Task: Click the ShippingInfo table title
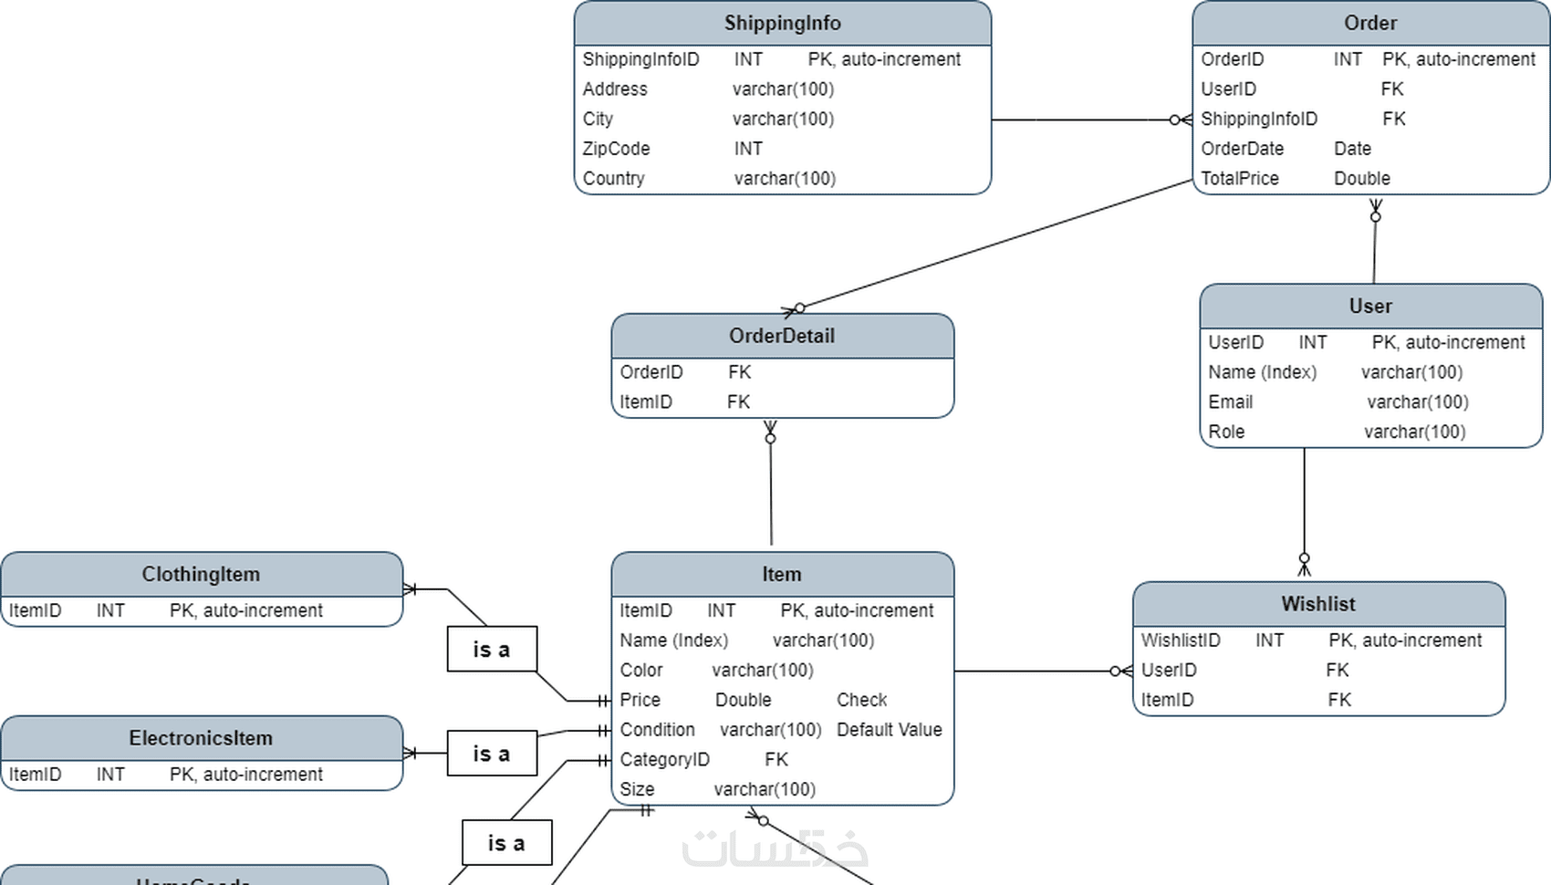pyautogui.click(x=782, y=23)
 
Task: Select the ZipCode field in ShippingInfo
pyautogui.click(x=616, y=149)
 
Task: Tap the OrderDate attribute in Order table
pyautogui.click(x=1242, y=149)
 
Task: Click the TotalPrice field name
pyautogui.click(x=1239, y=179)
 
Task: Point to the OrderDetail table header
pyautogui.click(x=782, y=336)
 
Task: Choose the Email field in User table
pyautogui.click(x=1230, y=402)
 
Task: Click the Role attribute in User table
pyautogui.click(x=1226, y=432)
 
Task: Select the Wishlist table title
pyautogui.click(x=1317, y=604)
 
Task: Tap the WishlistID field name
pyautogui.click(x=1180, y=640)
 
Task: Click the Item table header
pyautogui.click(x=782, y=575)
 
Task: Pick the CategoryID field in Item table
pyautogui.click(x=664, y=760)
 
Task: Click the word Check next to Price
pyautogui.click(x=861, y=700)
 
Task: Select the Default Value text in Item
pyautogui.click(x=889, y=730)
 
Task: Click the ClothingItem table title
pyautogui.click(x=201, y=575)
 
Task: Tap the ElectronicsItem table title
pyautogui.click(x=201, y=738)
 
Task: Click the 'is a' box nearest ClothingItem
pyautogui.click(x=492, y=650)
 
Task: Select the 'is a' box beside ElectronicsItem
pyautogui.click(x=492, y=754)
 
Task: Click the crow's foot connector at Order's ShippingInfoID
pyautogui.click(x=1181, y=120)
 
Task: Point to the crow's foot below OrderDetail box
pyautogui.click(x=770, y=432)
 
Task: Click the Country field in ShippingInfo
pyautogui.click(x=613, y=179)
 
